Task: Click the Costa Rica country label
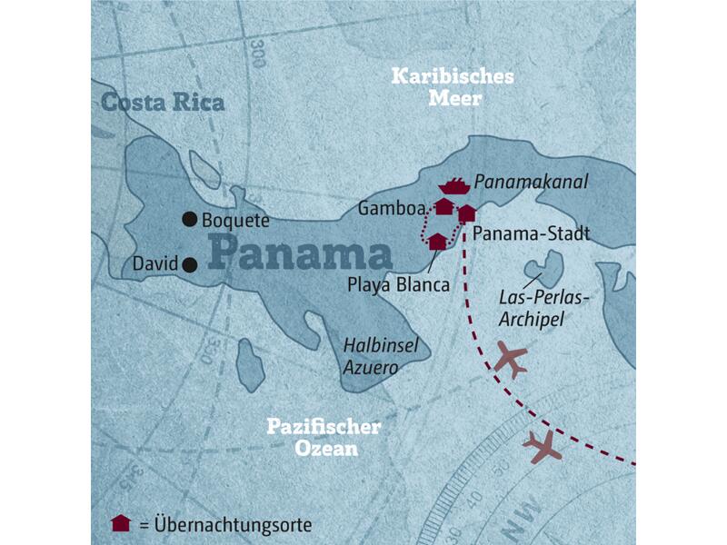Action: click(x=162, y=103)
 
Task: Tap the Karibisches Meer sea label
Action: click(x=452, y=86)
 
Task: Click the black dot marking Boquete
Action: click(x=189, y=218)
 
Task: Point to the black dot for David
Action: click(x=189, y=265)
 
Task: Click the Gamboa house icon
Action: click(x=443, y=207)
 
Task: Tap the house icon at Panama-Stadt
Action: click(x=466, y=213)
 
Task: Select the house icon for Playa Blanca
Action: click(x=437, y=241)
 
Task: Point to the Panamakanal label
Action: click(x=533, y=183)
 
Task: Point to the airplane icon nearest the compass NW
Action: click(x=543, y=445)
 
